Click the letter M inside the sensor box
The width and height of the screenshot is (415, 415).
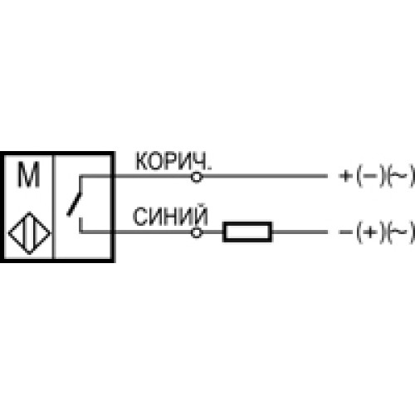coord(29,174)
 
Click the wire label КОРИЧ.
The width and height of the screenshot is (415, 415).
coord(173,162)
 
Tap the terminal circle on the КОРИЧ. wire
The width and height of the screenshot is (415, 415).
coord(197,177)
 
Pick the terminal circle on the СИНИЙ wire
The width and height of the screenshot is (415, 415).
coord(197,233)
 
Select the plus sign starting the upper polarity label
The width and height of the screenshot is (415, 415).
coord(345,176)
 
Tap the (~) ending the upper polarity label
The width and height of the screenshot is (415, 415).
coord(400,176)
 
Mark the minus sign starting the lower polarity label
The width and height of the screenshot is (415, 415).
coord(345,232)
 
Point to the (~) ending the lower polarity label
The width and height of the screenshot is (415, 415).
coord(400,232)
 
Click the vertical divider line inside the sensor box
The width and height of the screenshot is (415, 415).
coord(54,207)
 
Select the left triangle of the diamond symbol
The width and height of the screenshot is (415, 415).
coord(17,233)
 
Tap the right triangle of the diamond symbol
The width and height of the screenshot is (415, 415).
coord(42,233)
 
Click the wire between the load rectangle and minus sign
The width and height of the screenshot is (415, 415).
coord(300,232)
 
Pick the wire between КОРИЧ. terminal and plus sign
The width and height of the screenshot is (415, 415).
coord(265,176)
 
